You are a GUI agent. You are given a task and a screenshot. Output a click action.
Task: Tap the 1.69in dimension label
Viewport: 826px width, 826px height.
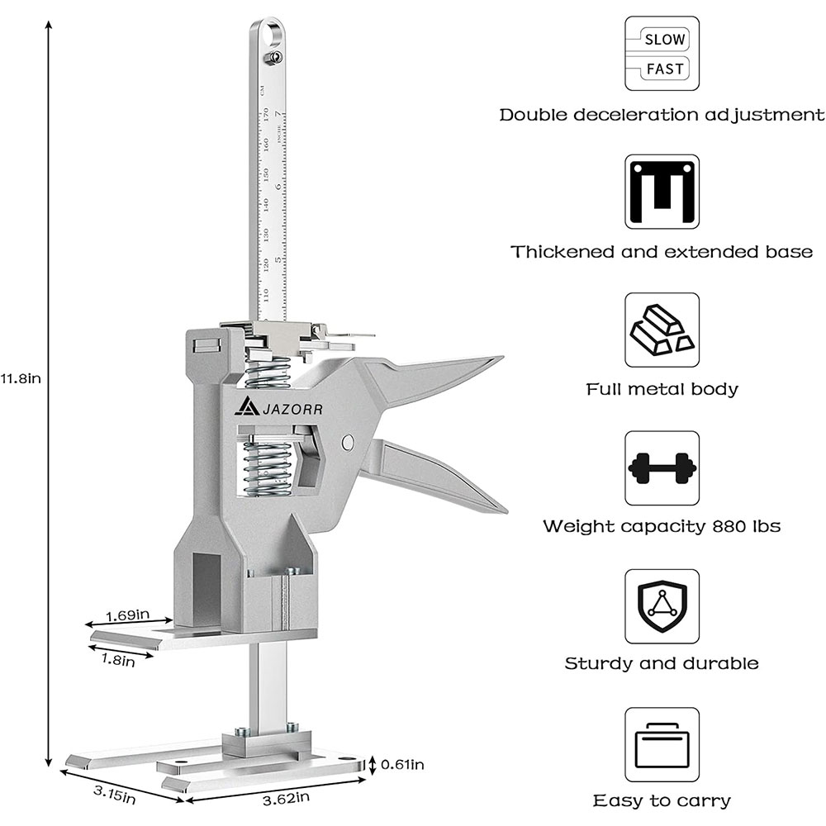click(127, 615)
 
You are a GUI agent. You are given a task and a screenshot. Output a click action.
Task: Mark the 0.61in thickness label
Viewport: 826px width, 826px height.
click(402, 765)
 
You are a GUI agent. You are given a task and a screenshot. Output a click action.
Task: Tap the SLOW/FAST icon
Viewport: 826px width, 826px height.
click(662, 53)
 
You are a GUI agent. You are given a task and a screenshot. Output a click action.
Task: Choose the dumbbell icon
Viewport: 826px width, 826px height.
click(662, 468)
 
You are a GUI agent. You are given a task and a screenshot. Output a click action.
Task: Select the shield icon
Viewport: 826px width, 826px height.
click(662, 605)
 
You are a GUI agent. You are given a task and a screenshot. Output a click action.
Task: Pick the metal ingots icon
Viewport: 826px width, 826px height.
click(662, 330)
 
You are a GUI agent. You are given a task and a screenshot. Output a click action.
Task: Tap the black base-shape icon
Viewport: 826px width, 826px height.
click(662, 192)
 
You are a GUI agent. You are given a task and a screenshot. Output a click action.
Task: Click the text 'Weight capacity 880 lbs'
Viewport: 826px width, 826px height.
click(662, 526)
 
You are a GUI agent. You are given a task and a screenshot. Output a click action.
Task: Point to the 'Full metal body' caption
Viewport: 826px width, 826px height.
click(662, 389)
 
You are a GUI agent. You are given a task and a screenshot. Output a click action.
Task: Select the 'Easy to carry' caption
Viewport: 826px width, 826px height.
click(662, 800)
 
